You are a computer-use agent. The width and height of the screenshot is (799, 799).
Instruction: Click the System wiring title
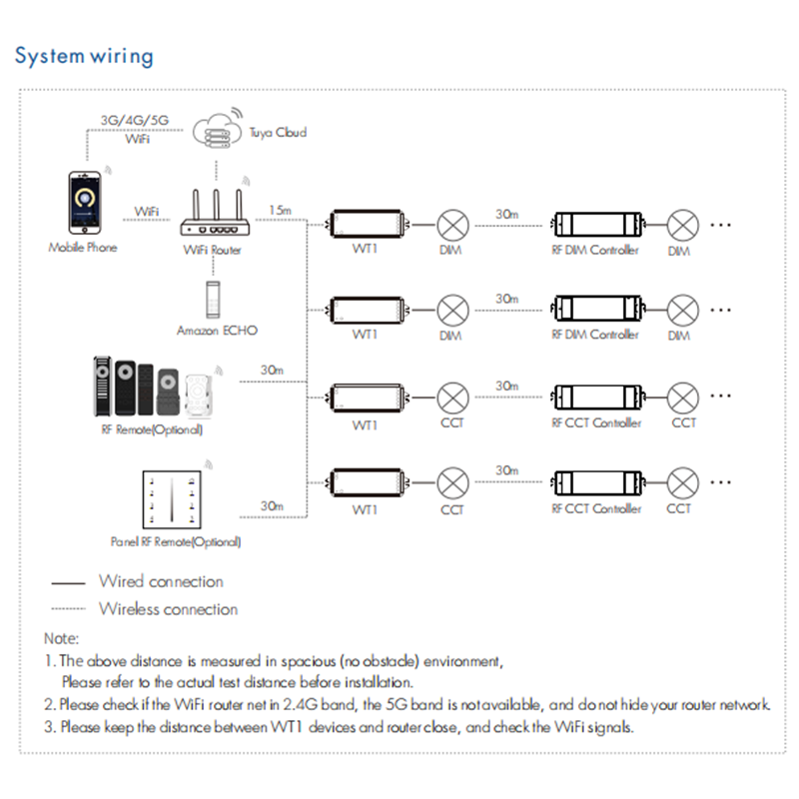point(84,55)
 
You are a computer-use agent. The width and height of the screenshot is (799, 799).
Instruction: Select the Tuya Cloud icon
point(216,128)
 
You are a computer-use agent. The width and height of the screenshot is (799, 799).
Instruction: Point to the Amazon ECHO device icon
point(212,301)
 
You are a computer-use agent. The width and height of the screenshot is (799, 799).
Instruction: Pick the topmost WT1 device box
point(367,224)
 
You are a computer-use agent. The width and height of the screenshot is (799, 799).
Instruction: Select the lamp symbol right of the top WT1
point(453,224)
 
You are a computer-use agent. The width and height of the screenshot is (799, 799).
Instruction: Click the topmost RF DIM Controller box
point(594,225)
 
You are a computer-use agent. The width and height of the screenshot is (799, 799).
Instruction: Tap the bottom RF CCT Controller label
point(595,509)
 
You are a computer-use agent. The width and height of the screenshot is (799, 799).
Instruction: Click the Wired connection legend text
point(161,581)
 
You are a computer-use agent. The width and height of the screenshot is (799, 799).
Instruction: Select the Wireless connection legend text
point(168,608)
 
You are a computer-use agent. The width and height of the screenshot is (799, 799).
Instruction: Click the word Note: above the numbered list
point(61,637)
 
